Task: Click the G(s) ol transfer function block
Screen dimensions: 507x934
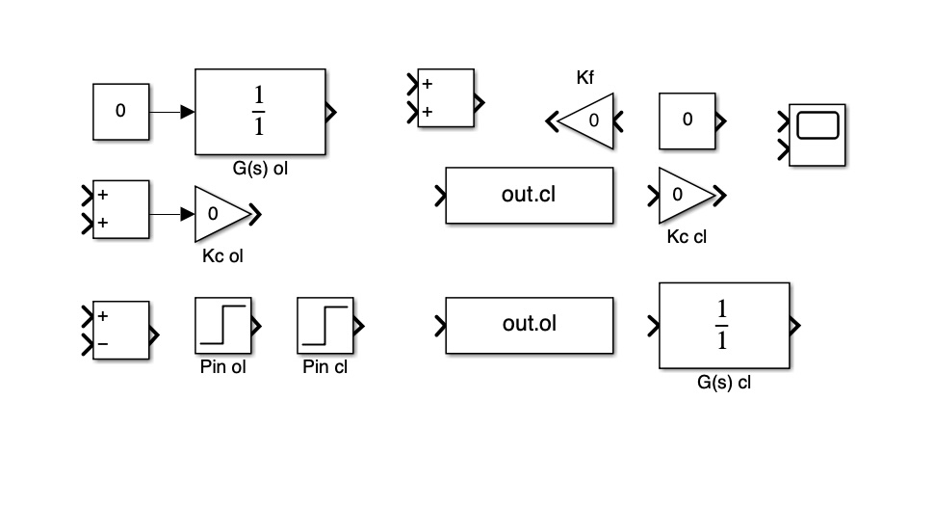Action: pos(260,112)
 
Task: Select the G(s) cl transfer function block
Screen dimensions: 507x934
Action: pos(723,326)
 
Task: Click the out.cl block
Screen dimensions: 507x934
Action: pos(529,196)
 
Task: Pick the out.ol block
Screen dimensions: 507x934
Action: pos(529,326)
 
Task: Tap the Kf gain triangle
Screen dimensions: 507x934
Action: pos(588,121)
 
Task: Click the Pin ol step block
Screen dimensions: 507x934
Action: pos(223,327)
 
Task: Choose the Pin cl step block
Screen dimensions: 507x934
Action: pos(324,327)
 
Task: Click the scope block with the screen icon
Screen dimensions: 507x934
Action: pos(817,135)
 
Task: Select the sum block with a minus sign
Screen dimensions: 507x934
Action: pos(121,330)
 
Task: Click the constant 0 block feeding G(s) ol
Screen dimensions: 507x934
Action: pos(120,111)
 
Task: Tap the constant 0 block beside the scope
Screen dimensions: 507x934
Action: pos(687,120)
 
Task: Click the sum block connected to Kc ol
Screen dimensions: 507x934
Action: pos(121,208)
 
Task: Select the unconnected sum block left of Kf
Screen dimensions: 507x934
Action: pos(445,97)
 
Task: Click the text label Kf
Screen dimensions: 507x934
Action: pos(585,78)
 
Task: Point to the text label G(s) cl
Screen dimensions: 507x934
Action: pos(723,383)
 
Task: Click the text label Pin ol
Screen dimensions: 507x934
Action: pos(223,367)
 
